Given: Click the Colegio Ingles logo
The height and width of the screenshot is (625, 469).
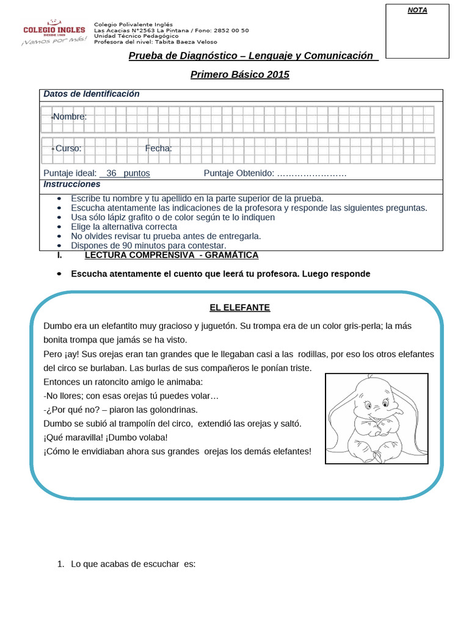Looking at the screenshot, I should pos(54,31).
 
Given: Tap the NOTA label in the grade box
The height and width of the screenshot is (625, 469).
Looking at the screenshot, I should pos(417,10).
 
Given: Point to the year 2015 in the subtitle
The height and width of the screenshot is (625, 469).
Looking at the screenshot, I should pos(278,75).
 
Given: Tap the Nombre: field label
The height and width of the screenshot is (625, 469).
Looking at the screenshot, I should pos(69,117).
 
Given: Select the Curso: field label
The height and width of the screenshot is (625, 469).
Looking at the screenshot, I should pos(68,148).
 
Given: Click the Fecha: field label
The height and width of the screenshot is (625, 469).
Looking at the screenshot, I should pos(158,148).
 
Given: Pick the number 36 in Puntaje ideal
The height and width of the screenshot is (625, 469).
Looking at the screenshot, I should pos(111,173).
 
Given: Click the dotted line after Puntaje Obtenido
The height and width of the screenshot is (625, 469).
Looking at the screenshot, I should pos(311,173).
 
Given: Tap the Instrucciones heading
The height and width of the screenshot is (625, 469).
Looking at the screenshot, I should pos(72,184).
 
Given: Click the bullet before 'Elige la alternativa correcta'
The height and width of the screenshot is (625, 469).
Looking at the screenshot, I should pos(59,226).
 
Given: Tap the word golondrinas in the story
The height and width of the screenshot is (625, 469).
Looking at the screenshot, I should pos(171,410).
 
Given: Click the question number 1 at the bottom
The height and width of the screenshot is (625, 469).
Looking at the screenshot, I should pos(60,565).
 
